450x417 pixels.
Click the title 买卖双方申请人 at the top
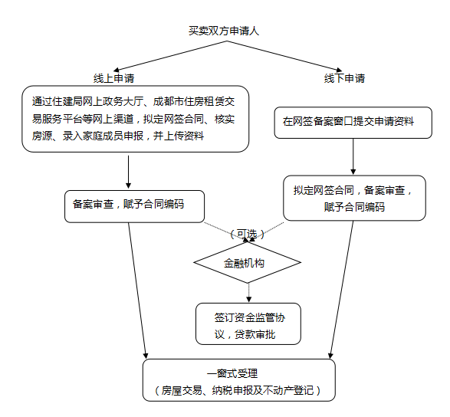(224, 31)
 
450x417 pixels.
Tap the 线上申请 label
(114, 78)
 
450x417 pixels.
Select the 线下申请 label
(344, 78)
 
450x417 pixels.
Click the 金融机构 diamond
(248, 263)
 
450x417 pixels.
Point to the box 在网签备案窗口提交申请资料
(353, 123)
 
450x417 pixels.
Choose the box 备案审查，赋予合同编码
(135, 206)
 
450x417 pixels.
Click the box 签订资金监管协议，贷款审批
(248, 323)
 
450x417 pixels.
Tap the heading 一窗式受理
(232, 373)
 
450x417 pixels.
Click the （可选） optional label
(247, 235)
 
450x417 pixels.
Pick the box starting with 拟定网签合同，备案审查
(354, 198)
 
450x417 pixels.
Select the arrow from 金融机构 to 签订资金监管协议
(249, 293)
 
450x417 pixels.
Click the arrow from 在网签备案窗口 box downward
(353, 156)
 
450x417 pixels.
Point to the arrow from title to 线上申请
(170, 56)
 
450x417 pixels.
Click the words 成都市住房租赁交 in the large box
(194, 102)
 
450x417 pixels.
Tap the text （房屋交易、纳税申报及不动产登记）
(238, 390)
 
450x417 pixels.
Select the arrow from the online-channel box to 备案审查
(128, 172)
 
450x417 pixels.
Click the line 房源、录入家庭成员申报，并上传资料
(118, 136)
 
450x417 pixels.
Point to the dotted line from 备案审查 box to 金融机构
(226, 232)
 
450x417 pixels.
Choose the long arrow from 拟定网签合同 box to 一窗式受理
(341, 290)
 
